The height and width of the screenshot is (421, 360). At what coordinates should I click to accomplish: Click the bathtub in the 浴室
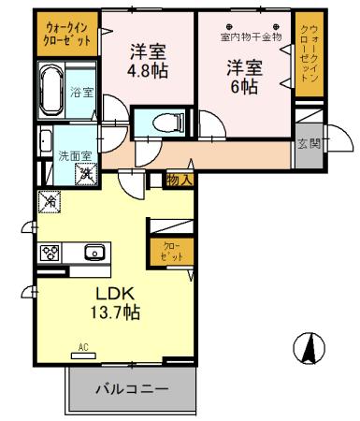click(54, 92)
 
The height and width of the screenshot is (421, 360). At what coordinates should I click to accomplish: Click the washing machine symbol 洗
click(84, 172)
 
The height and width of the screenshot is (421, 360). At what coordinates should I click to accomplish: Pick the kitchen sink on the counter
click(94, 251)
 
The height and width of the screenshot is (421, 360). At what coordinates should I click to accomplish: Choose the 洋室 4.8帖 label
click(146, 61)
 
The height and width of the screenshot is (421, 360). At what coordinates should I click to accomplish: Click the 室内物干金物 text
click(250, 36)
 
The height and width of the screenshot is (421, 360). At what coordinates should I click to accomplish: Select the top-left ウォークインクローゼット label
click(66, 35)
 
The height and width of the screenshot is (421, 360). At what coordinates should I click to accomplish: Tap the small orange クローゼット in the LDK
click(169, 251)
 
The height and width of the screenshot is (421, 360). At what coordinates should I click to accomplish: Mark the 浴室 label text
click(82, 92)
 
